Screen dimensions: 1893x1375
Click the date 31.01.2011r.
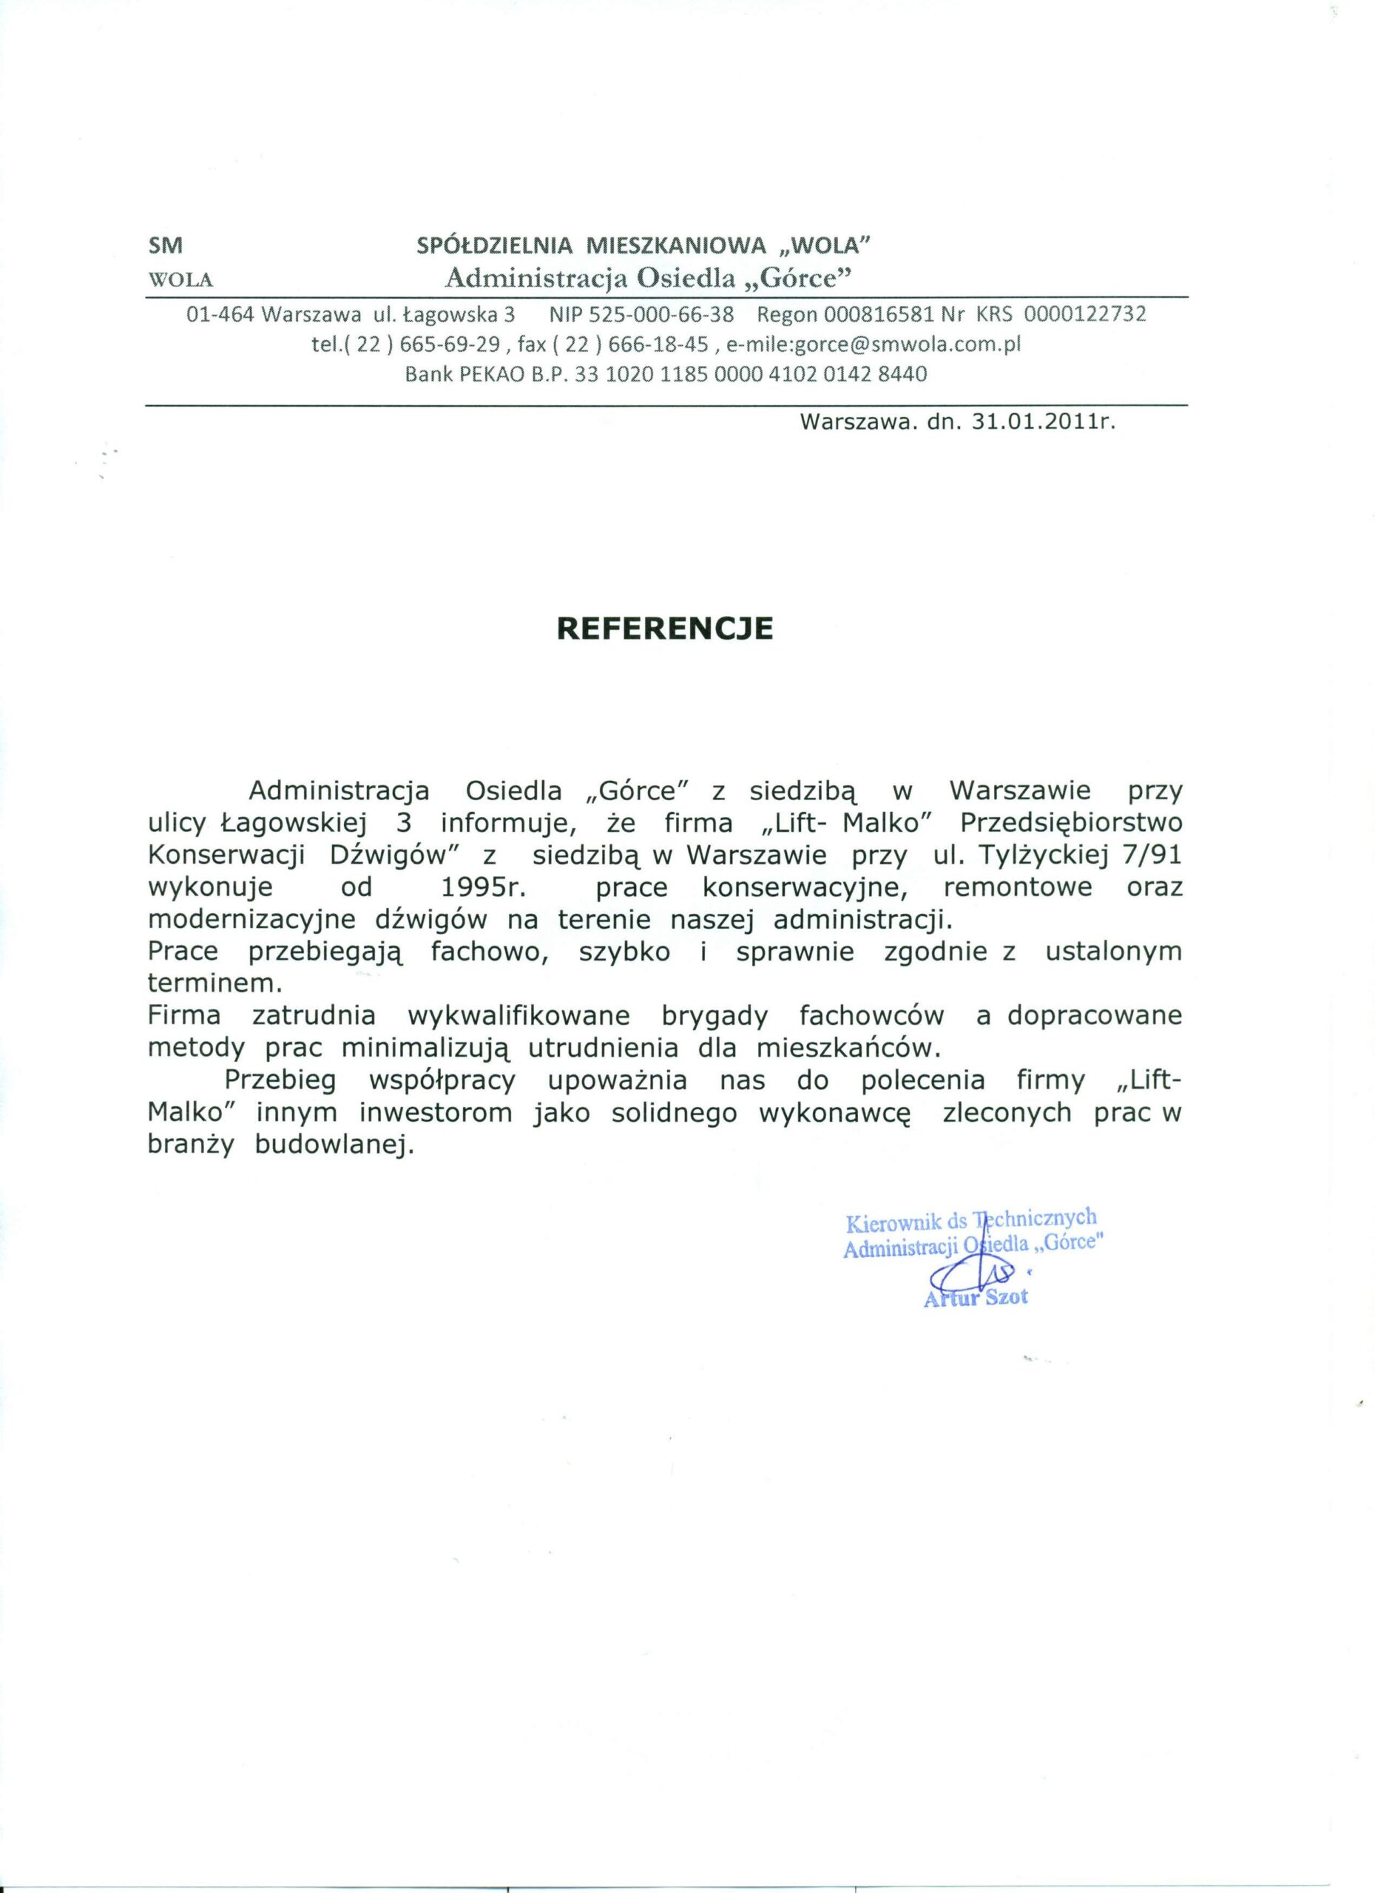1045,422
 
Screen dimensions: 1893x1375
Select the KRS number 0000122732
1084,315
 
